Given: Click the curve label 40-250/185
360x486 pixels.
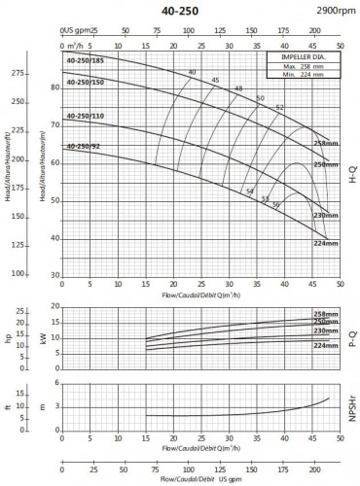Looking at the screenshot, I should click(85, 60).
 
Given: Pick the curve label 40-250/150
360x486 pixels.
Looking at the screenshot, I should click(85, 83).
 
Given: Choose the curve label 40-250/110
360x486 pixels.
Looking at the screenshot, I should click(85, 116).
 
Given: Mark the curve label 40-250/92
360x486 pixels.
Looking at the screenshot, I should click(83, 146).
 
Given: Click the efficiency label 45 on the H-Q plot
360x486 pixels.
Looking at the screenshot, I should click(215, 80).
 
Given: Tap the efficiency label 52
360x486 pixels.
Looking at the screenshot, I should click(280, 107).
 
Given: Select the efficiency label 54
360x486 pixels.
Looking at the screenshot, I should click(250, 191).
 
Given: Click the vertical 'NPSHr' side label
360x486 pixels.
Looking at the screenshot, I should click(351, 403).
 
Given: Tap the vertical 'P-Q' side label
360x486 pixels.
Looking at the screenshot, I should click(351, 334).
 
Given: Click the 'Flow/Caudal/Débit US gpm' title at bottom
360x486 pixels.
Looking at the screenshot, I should click(198, 478).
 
